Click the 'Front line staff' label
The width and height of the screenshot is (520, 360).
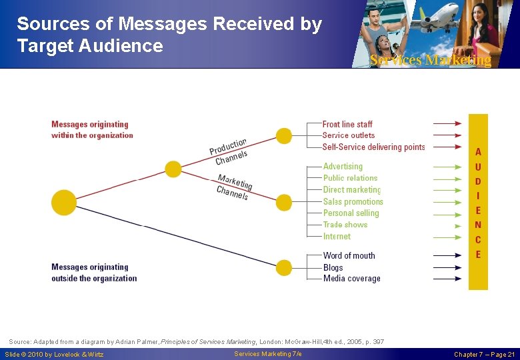pyautogui.click(x=347, y=124)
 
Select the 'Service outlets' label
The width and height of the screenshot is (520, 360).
pyautogui.click(x=349, y=135)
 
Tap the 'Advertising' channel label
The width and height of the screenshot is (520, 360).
pyautogui.click(x=343, y=167)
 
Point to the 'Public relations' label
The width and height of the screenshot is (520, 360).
pyautogui.click(x=350, y=178)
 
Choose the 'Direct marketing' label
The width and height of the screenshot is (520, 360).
pyautogui.click(x=352, y=190)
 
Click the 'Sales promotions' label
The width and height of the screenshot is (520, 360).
pyautogui.click(x=353, y=201)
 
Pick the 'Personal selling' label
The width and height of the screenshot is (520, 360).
pyautogui.click(x=351, y=213)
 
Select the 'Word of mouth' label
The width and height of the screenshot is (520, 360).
pyautogui.click(x=349, y=255)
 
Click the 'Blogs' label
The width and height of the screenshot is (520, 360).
pyautogui.click(x=333, y=267)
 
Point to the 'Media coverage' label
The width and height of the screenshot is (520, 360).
pyautogui.click(x=351, y=279)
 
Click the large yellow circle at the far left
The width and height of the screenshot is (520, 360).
pyautogui.click(x=64, y=203)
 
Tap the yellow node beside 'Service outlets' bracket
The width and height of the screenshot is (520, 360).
pyautogui.click(x=284, y=136)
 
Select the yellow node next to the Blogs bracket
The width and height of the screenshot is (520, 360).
pyautogui.click(x=284, y=267)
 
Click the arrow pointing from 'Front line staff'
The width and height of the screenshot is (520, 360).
pyautogui.click(x=447, y=124)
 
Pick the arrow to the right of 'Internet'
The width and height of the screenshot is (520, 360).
pyautogui.click(x=447, y=236)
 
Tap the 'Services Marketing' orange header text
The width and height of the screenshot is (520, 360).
pyautogui.click(x=430, y=60)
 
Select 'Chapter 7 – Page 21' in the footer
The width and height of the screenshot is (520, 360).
pyautogui.click(x=484, y=354)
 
